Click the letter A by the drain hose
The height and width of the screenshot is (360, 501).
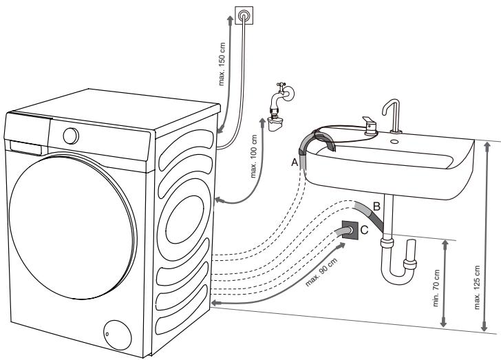[295, 162]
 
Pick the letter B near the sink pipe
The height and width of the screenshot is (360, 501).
[376, 205]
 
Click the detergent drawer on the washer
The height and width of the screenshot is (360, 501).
[25, 146]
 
